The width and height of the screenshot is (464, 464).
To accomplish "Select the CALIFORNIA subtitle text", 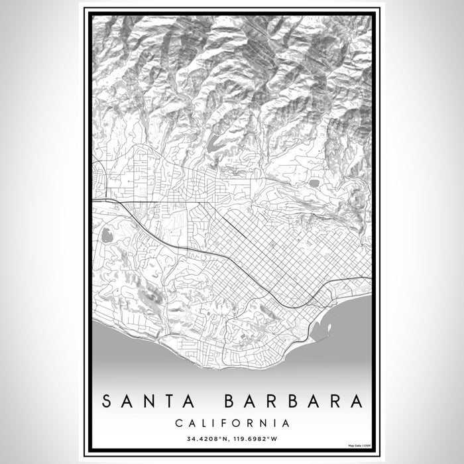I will coord(232,423).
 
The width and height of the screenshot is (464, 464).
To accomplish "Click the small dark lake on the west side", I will coord(106,234).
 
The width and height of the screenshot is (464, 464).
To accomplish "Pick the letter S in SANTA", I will coord(107,402).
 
